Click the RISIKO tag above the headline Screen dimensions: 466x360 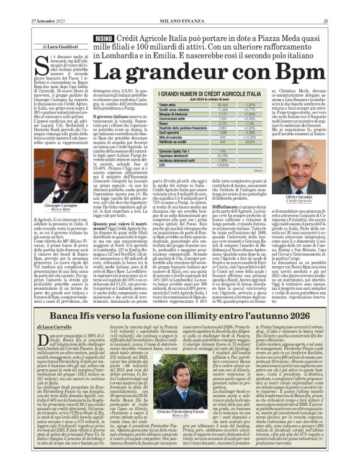103,38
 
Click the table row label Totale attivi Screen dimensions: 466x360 151,105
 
